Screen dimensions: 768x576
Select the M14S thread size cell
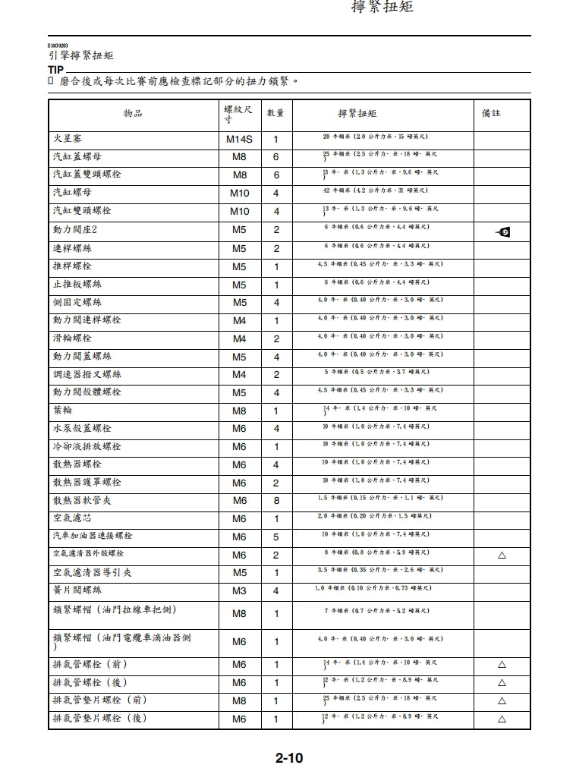pyautogui.click(x=239, y=140)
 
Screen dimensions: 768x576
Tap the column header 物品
pyautogui.click(x=133, y=114)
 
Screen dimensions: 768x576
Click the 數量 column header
pyautogui.click(x=275, y=113)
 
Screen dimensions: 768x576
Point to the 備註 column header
pyautogui.click(x=491, y=113)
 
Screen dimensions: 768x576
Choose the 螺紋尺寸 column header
pyautogui.click(x=238, y=114)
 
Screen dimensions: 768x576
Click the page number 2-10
pyautogui.click(x=289, y=757)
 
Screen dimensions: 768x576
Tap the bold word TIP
pyautogui.click(x=55, y=70)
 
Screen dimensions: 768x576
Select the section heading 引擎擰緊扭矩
pyautogui.click(x=81, y=55)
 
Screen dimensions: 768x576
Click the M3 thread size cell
pyautogui.click(x=239, y=590)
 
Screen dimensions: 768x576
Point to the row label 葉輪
pyautogui.click(x=63, y=411)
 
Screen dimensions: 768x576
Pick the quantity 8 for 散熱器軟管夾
pyautogui.click(x=275, y=501)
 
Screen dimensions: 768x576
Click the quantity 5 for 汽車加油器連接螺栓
pyautogui.click(x=275, y=537)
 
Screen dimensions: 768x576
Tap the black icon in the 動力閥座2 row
pyautogui.click(x=502, y=231)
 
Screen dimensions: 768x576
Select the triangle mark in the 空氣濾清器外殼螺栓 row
pyautogui.click(x=502, y=555)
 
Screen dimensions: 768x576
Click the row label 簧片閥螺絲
pyautogui.click(x=77, y=590)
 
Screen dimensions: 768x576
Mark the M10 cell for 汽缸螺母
pyautogui.click(x=239, y=194)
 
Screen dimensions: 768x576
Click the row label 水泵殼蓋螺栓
pyautogui.click(x=82, y=429)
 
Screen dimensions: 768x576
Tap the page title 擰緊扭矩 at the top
pyautogui.click(x=382, y=8)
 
